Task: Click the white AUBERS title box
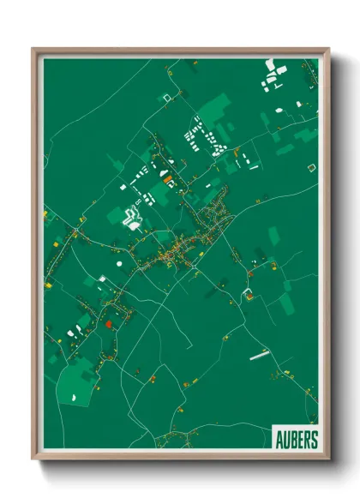tap(296, 439)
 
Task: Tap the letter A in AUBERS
tap(280, 440)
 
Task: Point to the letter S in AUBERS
tap(313, 440)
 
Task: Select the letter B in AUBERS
tap(293, 440)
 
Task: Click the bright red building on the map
tap(109, 324)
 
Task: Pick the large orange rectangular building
tap(167, 180)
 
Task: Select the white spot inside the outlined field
tap(74, 397)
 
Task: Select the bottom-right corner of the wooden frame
tap(327, 459)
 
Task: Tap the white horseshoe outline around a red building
tap(249, 294)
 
